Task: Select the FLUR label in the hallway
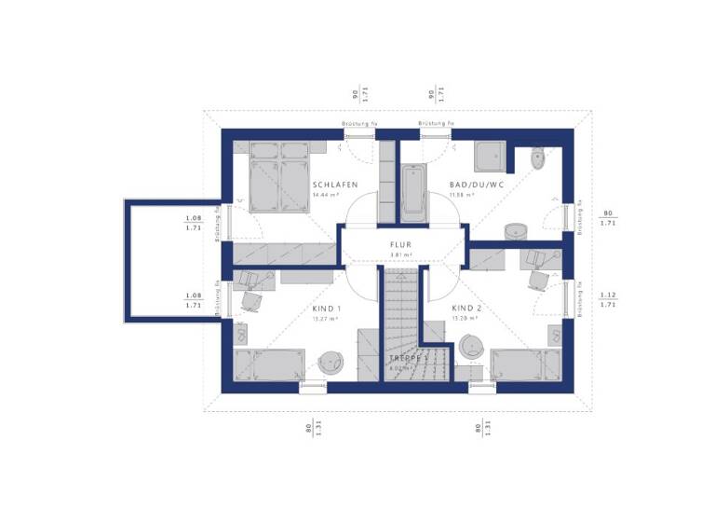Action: point(400,245)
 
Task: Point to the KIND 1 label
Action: point(326,308)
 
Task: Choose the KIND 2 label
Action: point(467,308)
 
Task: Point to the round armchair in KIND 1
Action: point(331,362)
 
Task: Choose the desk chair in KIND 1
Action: point(250,299)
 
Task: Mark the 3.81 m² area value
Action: point(400,255)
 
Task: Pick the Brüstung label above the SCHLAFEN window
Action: point(359,124)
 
